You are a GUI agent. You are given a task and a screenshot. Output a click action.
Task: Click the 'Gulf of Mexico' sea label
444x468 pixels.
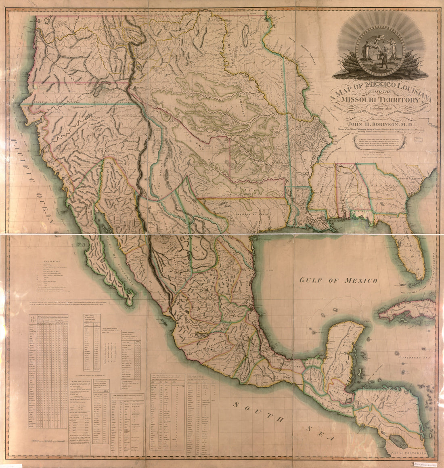coord(339,280)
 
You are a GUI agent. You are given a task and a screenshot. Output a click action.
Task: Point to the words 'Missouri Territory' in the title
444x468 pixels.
coord(374,99)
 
